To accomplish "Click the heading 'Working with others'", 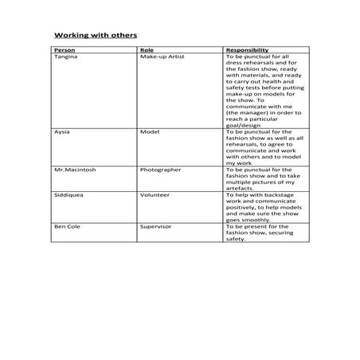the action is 95,35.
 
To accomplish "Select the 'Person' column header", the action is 64,50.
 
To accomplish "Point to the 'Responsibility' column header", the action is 247,50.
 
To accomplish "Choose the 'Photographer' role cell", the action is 160,169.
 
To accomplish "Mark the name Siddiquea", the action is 68,194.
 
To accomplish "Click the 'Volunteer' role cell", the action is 155,194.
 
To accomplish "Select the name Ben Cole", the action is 66,226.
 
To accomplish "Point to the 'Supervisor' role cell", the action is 156,226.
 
